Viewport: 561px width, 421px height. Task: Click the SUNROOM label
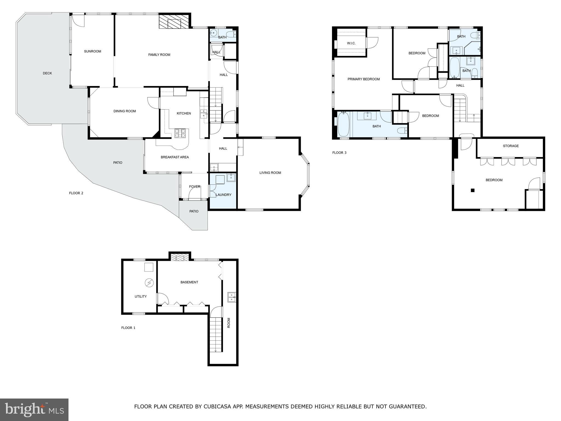click(x=93, y=51)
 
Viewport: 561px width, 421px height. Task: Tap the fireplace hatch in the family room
click(x=174, y=21)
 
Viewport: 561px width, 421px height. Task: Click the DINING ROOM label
click(x=125, y=111)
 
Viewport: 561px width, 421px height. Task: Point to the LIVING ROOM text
click(x=270, y=173)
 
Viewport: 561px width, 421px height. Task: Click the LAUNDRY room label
click(x=224, y=195)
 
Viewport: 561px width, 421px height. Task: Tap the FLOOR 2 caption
click(x=76, y=193)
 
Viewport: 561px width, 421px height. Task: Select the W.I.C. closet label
click(x=351, y=43)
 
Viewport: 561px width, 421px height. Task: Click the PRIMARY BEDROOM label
click(x=363, y=79)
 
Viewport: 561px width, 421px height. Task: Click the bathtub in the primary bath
click(x=343, y=124)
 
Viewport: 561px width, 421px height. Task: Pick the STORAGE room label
click(x=511, y=146)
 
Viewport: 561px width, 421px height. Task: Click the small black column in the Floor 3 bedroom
click(x=473, y=190)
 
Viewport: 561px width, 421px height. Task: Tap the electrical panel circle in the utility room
click(x=149, y=283)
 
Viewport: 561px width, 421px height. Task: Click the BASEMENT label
click(x=189, y=282)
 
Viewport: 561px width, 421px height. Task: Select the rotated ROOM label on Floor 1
click(x=229, y=323)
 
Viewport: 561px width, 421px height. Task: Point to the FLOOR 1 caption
click(x=128, y=328)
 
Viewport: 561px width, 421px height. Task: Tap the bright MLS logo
click(x=34, y=410)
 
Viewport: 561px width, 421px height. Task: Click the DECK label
click(x=47, y=73)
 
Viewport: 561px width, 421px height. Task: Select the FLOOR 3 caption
click(x=339, y=153)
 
